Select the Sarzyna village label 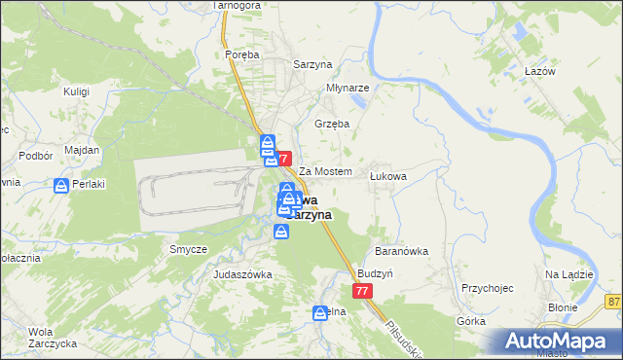tap(314, 64)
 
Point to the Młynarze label tap(347, 86)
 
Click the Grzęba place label tap(331, 125)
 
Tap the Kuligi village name tap(76, 91)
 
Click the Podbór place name tap(35, 156)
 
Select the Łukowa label tap(387, 176)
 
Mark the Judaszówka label tap(242, 275)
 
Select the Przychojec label tap(488, 288)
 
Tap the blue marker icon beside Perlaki tap(61, 186)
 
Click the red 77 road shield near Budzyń tap(362, 292)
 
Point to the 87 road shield tap(612, 303)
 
